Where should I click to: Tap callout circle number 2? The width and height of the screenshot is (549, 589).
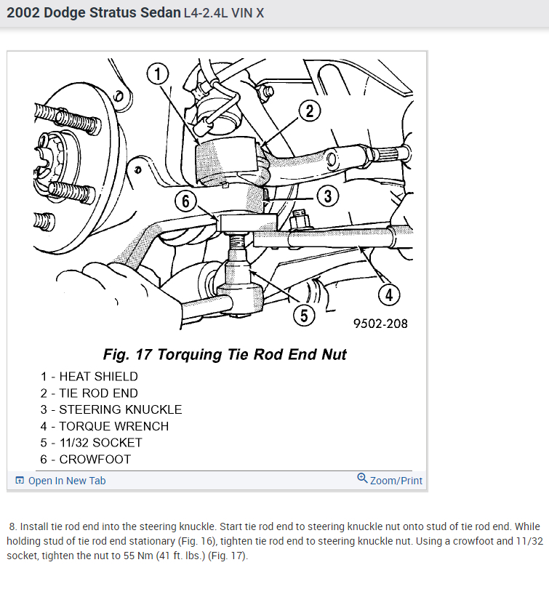(x=310, y=111)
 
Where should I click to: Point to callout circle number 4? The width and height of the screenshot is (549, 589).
(x=390, y=294)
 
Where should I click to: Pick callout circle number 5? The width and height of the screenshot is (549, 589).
(x=305, y=315)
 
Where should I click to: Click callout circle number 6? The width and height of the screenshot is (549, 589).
(x=186, y=201)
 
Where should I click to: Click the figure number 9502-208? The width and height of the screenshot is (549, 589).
(x=380, y=324)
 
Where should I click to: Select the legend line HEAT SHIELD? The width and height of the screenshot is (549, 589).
(x=89, y=377)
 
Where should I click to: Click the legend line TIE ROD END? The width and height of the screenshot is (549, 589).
(x=89, y=393)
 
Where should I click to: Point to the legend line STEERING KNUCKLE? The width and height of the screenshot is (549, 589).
(x=111, y=409)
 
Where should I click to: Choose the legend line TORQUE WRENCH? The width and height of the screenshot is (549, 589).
(x=105, y=426)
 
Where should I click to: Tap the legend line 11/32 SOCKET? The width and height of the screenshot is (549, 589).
(x=92, y=442)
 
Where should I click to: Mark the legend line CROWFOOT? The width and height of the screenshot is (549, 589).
(x=86, y=459)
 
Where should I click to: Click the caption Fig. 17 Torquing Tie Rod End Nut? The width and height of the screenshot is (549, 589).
(x=225, y=355)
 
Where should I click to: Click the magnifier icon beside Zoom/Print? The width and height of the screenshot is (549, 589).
(x=362, y=478)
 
